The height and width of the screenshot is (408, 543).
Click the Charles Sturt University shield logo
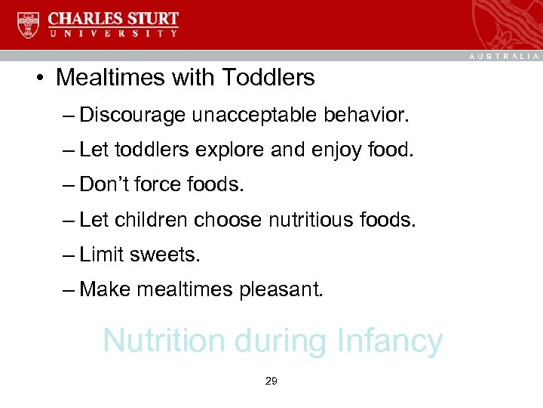point(29,25)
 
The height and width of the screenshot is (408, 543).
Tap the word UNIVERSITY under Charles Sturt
point(114,34)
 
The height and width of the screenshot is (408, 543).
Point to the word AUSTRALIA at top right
point(504,57)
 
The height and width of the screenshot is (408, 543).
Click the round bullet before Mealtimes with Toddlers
point(38,79)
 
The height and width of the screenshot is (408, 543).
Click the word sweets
point(164,254)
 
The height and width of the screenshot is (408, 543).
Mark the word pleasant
point(281,289)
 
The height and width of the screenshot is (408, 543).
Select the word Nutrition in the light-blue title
point(165,341)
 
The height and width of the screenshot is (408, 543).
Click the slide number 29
point(271,382)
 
